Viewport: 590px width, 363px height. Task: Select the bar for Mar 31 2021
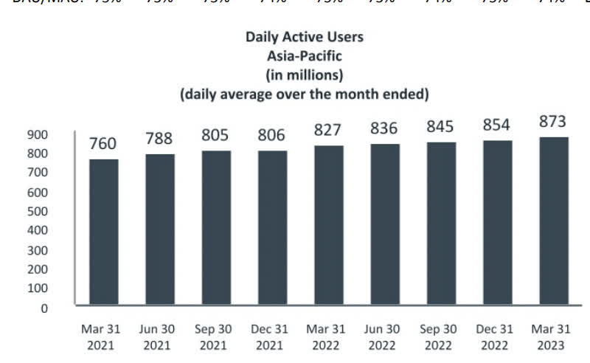point(103,232)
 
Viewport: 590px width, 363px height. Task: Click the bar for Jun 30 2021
point(159,229)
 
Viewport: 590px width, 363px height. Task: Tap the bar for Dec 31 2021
point(272,228)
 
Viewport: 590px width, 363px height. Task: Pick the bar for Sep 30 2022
point(441,224)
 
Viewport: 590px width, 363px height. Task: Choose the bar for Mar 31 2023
point(553,221)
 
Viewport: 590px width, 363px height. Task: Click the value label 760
point(103,144)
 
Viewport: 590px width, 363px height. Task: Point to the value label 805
point(215,136)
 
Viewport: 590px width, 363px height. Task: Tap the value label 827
point(328,130)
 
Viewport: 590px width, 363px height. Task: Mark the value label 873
point(553,122)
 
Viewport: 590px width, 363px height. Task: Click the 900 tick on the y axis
point(38,135)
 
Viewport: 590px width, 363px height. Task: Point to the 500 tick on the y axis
point(38,212)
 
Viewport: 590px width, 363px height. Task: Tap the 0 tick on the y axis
point(44,308)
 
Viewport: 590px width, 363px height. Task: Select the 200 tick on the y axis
point(38,270)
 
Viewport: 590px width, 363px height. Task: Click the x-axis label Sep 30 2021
point(215,338)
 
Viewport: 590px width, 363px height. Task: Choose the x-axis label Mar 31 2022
point(328,338)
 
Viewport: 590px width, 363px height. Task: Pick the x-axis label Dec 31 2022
point(497,338)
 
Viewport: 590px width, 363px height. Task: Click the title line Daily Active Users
point(305,36)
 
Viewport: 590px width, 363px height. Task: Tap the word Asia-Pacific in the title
point(305,55)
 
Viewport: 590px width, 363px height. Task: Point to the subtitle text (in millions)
point(305,75)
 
